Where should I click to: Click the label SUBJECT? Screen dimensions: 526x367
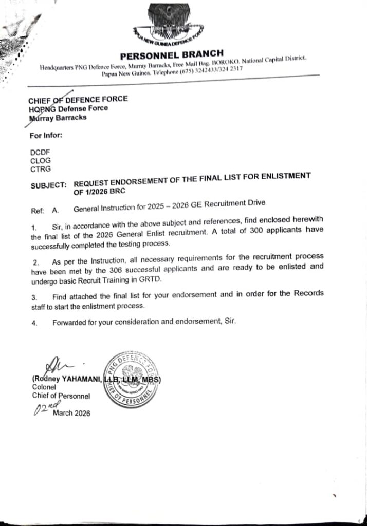click(x=48, y=184)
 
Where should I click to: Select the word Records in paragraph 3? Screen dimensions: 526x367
click(x=308, y=294)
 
